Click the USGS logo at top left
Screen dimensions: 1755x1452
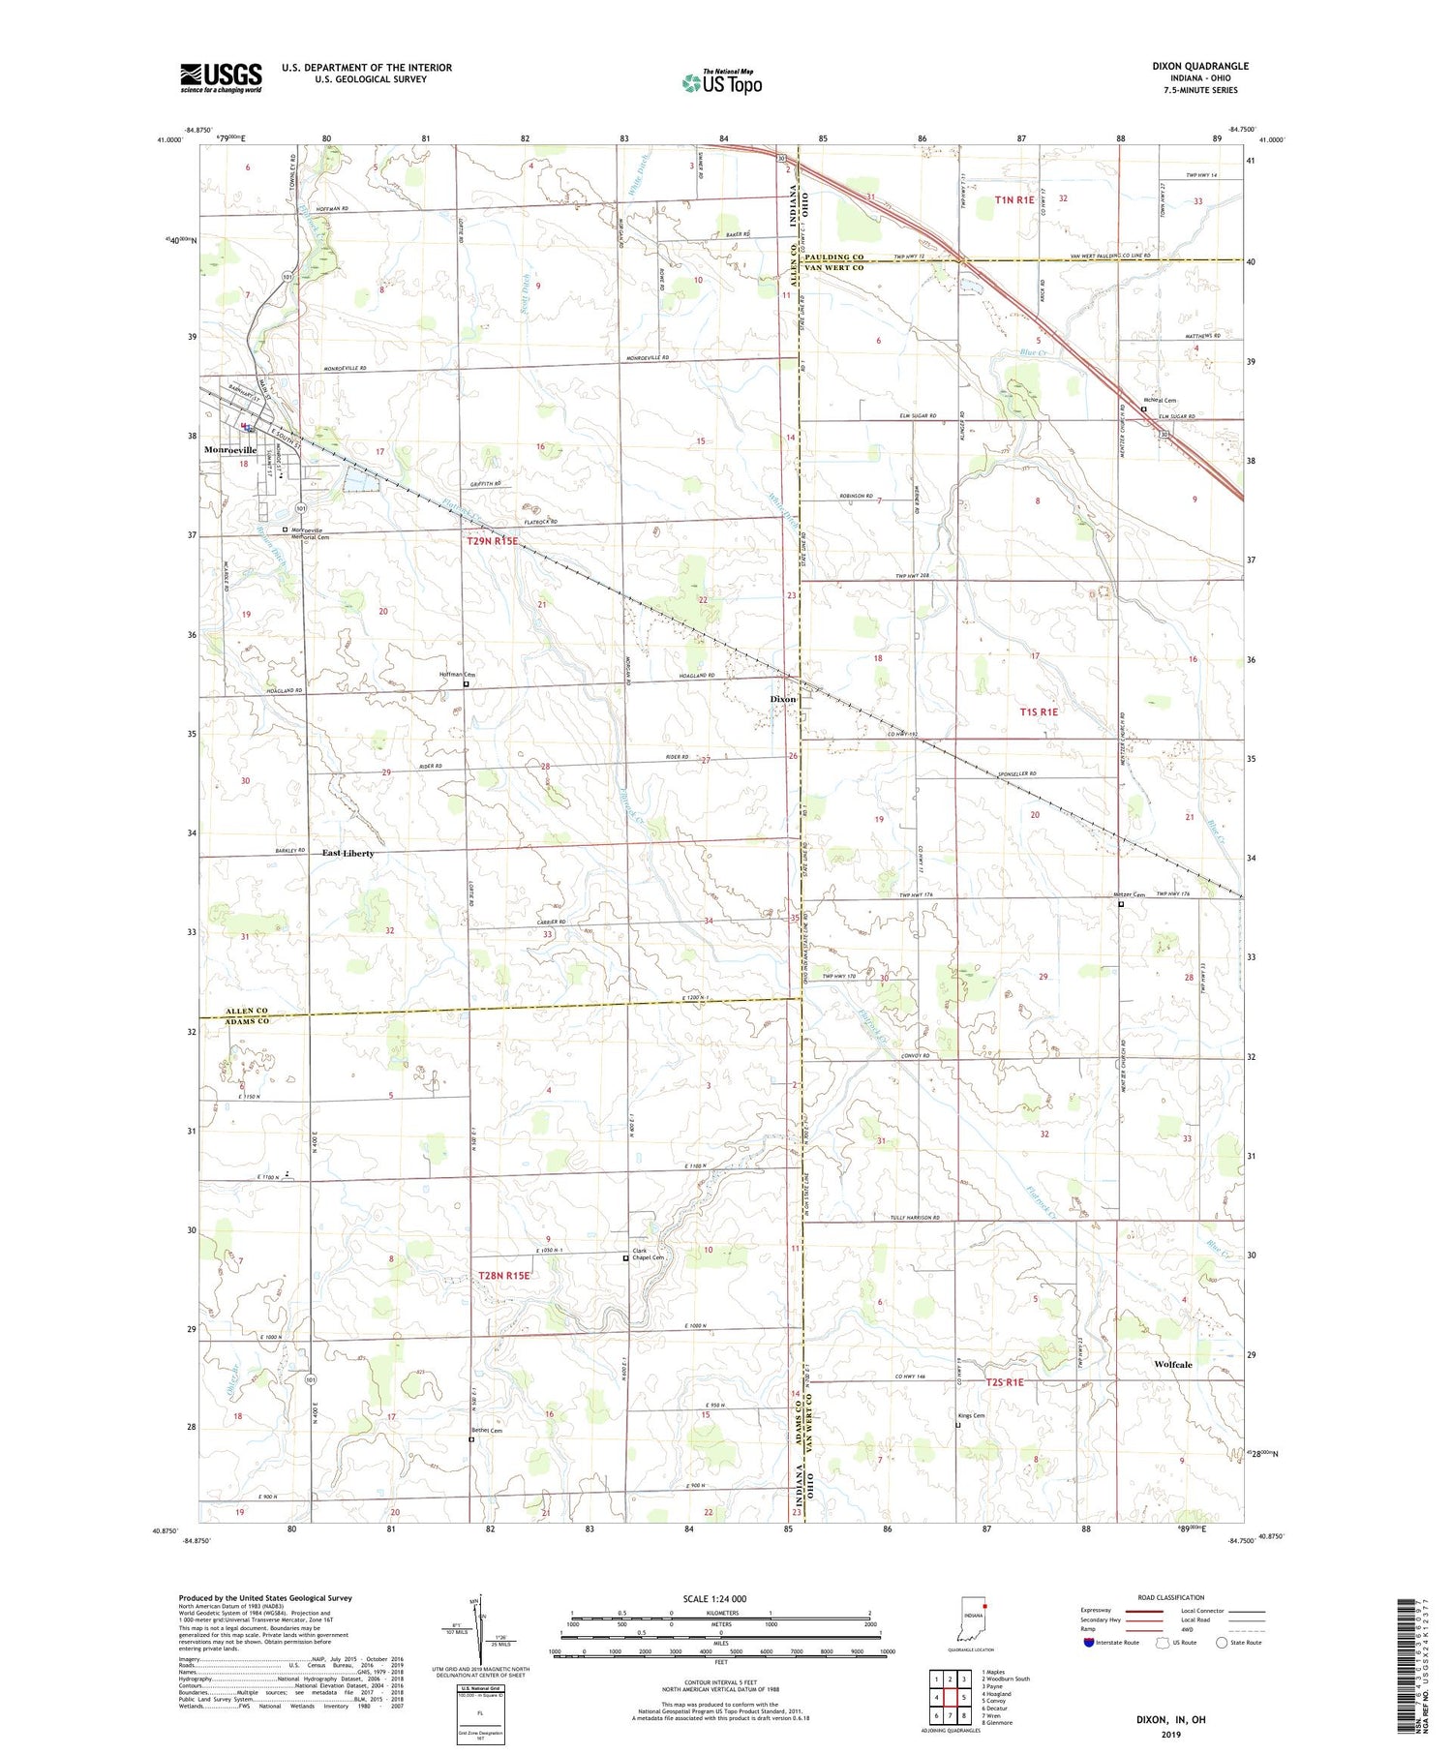[x=221, y=77]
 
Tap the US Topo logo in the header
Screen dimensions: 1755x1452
[x=721, y=83]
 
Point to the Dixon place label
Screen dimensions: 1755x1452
[x=782, y=699]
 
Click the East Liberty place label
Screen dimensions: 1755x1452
[x=348, y=853]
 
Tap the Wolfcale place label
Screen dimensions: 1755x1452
[x=1173, y=1364]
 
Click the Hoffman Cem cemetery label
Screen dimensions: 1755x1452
[x=458, y=675]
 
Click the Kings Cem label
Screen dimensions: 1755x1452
[x=971, y=1415]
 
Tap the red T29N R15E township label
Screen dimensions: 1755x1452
[x=493, y=542]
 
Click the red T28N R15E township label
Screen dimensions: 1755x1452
[x=504, y=1276]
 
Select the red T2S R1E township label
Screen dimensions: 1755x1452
[x=1005, y=1382]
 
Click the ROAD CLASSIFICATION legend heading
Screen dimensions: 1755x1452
[x=1157, y=1597]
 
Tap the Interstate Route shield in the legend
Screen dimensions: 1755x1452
[x=1089, y=1642]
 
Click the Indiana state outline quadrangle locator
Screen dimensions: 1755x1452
[x=971, y=1619]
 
